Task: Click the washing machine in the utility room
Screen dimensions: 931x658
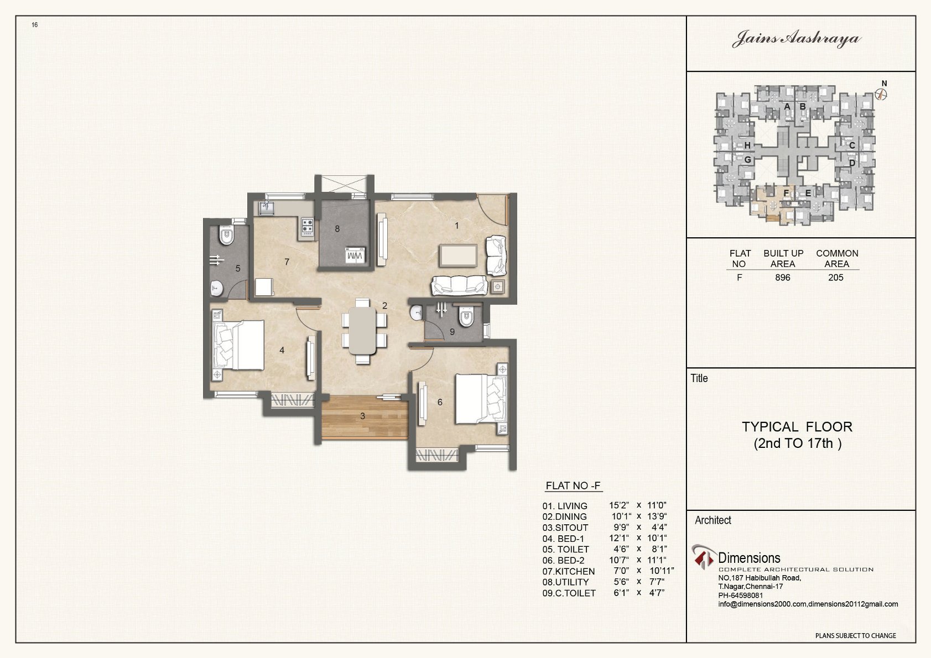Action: pyautogui.click(x=355, y=255)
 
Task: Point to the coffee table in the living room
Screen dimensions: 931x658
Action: pyautogui.click(x=458, y=256)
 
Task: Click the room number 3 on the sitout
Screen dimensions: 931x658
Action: pyautogui.click(x=362, y=416)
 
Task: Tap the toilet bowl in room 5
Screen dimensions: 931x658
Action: pyautogui.click(x=226, y=236)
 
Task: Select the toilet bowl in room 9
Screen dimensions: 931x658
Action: pyautogui.click(x=466, y=317)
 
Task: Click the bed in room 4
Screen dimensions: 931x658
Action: pyautogui.click(x=238, y=345)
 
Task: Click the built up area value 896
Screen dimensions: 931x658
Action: pyautogui.click(x=783, y=278)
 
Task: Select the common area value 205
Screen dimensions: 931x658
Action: pyautogui.click(x=836, y=278)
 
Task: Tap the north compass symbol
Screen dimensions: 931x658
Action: pyautogui.click(x=881, y=95)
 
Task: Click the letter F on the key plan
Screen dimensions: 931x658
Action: pyautogui.click(x=786, y=193)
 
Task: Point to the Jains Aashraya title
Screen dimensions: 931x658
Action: pyautogui.click(x=797, y=39)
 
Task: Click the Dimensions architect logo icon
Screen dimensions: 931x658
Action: pyautogui.click(x=704, y=557)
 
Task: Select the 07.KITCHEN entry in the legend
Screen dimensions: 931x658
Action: pyautogui.click(x=569, y=572)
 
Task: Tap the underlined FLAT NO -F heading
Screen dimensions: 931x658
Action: pyautogui.click(x=574, y=485)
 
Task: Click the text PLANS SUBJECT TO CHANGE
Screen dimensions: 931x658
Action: pyautogui.click(x=855, y=635)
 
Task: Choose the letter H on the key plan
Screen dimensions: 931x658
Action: pyautogui.click(x=747, y=145)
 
